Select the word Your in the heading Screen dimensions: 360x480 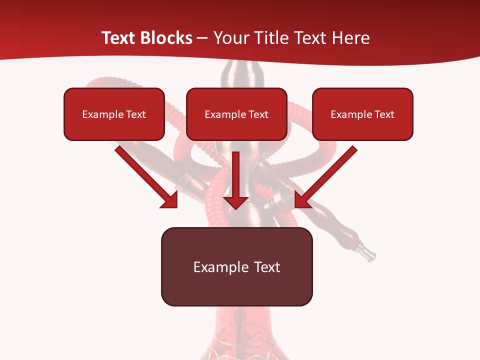pos(230,38)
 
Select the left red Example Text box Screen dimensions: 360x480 pos(114,114)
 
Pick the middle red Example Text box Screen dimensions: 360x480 pos(236,114)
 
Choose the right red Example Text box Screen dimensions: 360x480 pos(362,114)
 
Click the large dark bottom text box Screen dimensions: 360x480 pos(236,266)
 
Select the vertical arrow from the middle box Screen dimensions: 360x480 pos(236,175)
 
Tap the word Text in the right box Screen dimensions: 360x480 pos(384,114)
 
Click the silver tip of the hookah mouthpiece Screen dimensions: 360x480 pos(369,255)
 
